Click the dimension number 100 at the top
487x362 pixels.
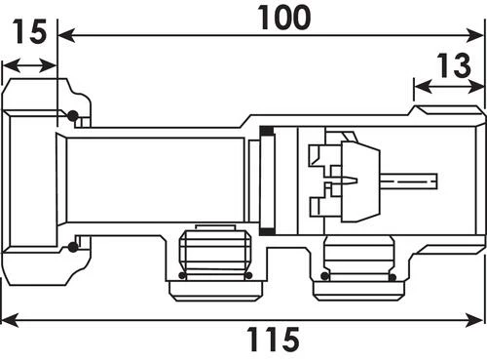pos(284,18)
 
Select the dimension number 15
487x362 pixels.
pos(29,31)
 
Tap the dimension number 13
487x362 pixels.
pos(454,65)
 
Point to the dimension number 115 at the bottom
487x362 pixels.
pos(273,340)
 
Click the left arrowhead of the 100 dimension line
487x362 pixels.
pos(66,35)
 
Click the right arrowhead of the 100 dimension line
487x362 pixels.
pos(474,35)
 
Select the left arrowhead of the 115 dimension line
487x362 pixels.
pos(10,320)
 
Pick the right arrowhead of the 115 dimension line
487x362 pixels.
pos(474,320)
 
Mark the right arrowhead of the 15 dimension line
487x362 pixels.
pos(48,66)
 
